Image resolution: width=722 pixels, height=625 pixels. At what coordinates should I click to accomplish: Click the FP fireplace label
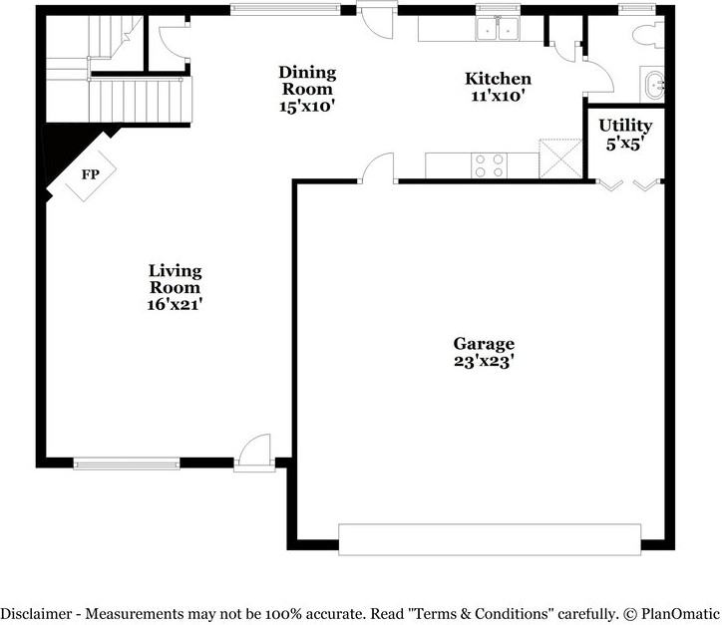click(x=90, y=175)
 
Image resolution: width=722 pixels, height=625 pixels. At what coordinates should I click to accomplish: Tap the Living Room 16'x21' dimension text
click(x=176, y=304)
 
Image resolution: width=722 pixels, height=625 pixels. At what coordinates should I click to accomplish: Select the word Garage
click(x=483, y=343)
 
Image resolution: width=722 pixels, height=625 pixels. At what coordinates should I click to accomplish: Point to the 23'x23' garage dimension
click(x=483, y=361)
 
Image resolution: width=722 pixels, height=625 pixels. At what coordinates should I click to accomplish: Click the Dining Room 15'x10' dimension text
click(x=307, y=106)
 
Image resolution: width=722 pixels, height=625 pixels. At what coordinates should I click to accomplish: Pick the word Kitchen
click(x=498, y=79)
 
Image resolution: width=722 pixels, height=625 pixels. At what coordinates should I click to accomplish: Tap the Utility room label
click(x=625, y=126)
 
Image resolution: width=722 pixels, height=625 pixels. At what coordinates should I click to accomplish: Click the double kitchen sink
click(x=496, y=30)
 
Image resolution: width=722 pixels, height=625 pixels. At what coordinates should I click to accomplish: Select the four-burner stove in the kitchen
click(x=489, y=165)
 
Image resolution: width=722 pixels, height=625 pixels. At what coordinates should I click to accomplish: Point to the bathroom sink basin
click(x=652, y=86)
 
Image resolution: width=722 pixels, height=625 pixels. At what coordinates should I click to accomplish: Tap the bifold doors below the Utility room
click(x=627, y=184)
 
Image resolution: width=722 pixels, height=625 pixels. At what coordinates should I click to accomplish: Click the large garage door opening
click(x=489, y=538)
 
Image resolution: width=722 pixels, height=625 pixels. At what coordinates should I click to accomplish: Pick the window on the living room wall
click(x=127, y=463)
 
